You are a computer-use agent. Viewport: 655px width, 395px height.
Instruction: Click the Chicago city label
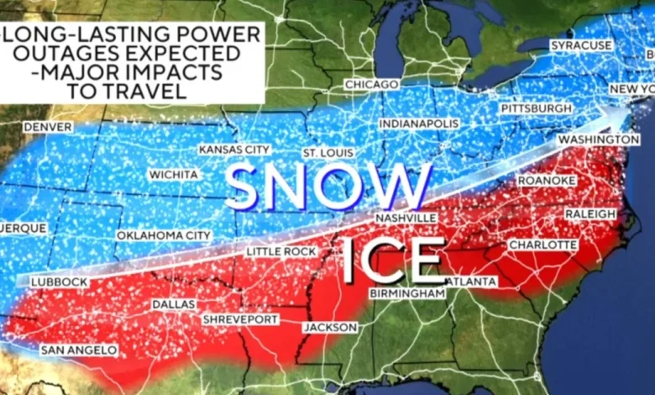click(x=371, y=85)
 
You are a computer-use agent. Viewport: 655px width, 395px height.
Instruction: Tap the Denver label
click(x=48, y=126)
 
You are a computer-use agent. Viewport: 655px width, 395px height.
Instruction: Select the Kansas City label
click(x=234, y=149)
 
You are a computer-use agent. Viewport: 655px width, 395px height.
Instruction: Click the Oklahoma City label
click(x=164, y=235)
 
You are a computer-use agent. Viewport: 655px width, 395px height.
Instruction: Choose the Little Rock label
click(x=281, y=251)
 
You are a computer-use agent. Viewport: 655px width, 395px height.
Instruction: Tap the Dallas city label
click(x=174, y=303)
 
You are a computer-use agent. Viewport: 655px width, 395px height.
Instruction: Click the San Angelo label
click(x=74, y=349)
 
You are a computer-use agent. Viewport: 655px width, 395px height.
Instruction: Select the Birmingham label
click(x=406, y=293)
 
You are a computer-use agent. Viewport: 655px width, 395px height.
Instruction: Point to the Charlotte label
click(x=542, y=245)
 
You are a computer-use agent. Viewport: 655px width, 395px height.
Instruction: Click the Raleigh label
click(x=590, y=214)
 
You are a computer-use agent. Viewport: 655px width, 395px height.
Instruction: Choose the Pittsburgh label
click(x=536, y=109)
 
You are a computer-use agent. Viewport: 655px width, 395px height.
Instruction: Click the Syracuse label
click(x=581, y=44)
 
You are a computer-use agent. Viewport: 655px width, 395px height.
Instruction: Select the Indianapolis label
click(x=419, y=123)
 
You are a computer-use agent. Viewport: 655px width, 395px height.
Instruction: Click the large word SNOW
click(x=328, y=187)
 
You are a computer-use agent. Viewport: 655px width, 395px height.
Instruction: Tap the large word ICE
click(x=393, y=261)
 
